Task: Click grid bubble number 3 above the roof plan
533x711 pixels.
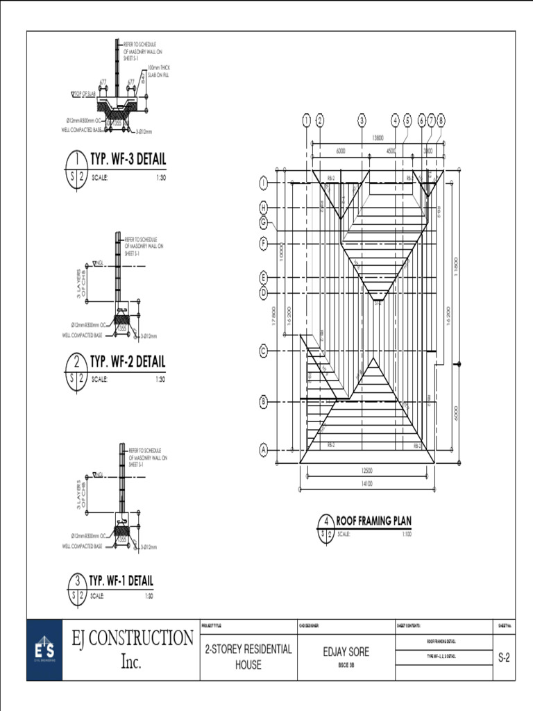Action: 362,120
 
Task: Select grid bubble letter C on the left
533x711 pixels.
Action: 264,351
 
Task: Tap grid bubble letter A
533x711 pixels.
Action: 264,450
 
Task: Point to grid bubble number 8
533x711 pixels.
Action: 441,120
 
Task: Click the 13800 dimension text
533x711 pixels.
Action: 378,138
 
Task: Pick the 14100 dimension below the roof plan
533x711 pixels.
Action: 367,484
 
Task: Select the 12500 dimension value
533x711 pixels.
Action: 367,470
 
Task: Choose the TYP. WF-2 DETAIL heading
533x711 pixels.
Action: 128,362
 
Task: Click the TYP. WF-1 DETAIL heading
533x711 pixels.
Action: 121,580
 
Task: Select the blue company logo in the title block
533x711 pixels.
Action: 44,650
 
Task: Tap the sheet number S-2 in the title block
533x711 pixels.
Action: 505,658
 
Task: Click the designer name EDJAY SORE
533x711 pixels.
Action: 346,652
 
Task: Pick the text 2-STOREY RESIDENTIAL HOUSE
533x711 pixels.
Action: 248,657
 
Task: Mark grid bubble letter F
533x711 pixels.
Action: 264,244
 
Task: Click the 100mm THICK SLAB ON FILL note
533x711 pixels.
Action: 158,71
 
